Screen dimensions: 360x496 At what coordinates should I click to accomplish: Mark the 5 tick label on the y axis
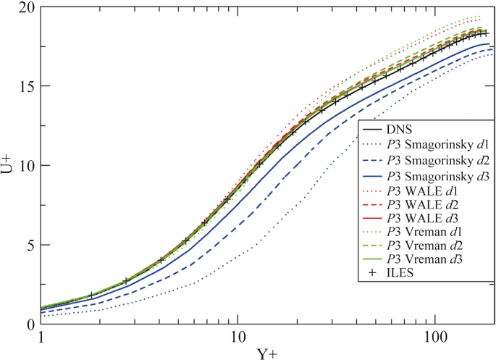[27, 245]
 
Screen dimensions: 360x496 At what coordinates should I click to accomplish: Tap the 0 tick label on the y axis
[27, 325]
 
